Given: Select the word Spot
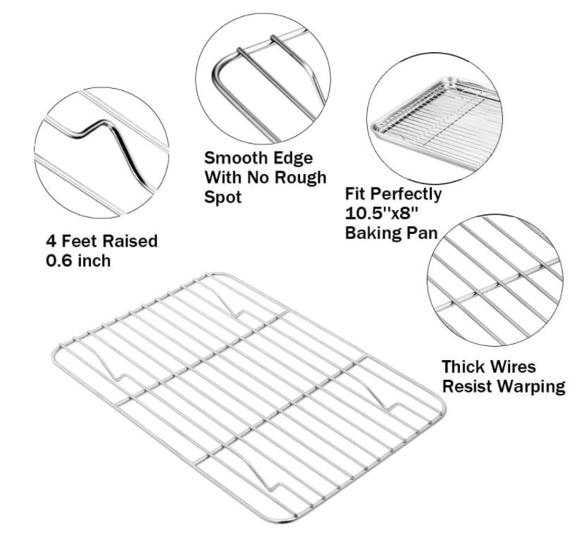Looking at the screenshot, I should point(223,196).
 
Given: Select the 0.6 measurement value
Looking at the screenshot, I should point(59,261).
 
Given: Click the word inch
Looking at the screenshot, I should point(93,261).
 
